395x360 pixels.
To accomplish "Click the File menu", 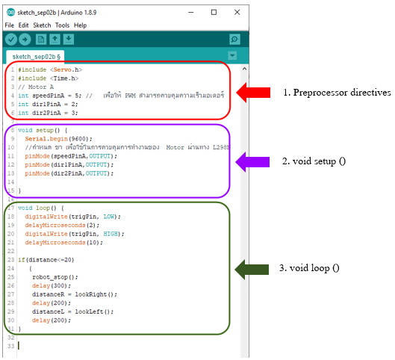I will click(10, 25).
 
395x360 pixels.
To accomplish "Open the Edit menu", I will click(24, 25).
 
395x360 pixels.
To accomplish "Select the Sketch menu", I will click(42, 25).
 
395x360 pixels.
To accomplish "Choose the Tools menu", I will click(62, 25).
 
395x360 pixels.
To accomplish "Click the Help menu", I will click(80, 25).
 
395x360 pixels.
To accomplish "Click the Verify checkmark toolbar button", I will click(11, 39).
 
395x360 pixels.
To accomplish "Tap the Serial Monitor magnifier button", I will click(234, 39).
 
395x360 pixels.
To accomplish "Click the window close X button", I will click(235, 12).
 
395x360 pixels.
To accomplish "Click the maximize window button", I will click(214, 12).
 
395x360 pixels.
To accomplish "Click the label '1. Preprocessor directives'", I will click(336, 93).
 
